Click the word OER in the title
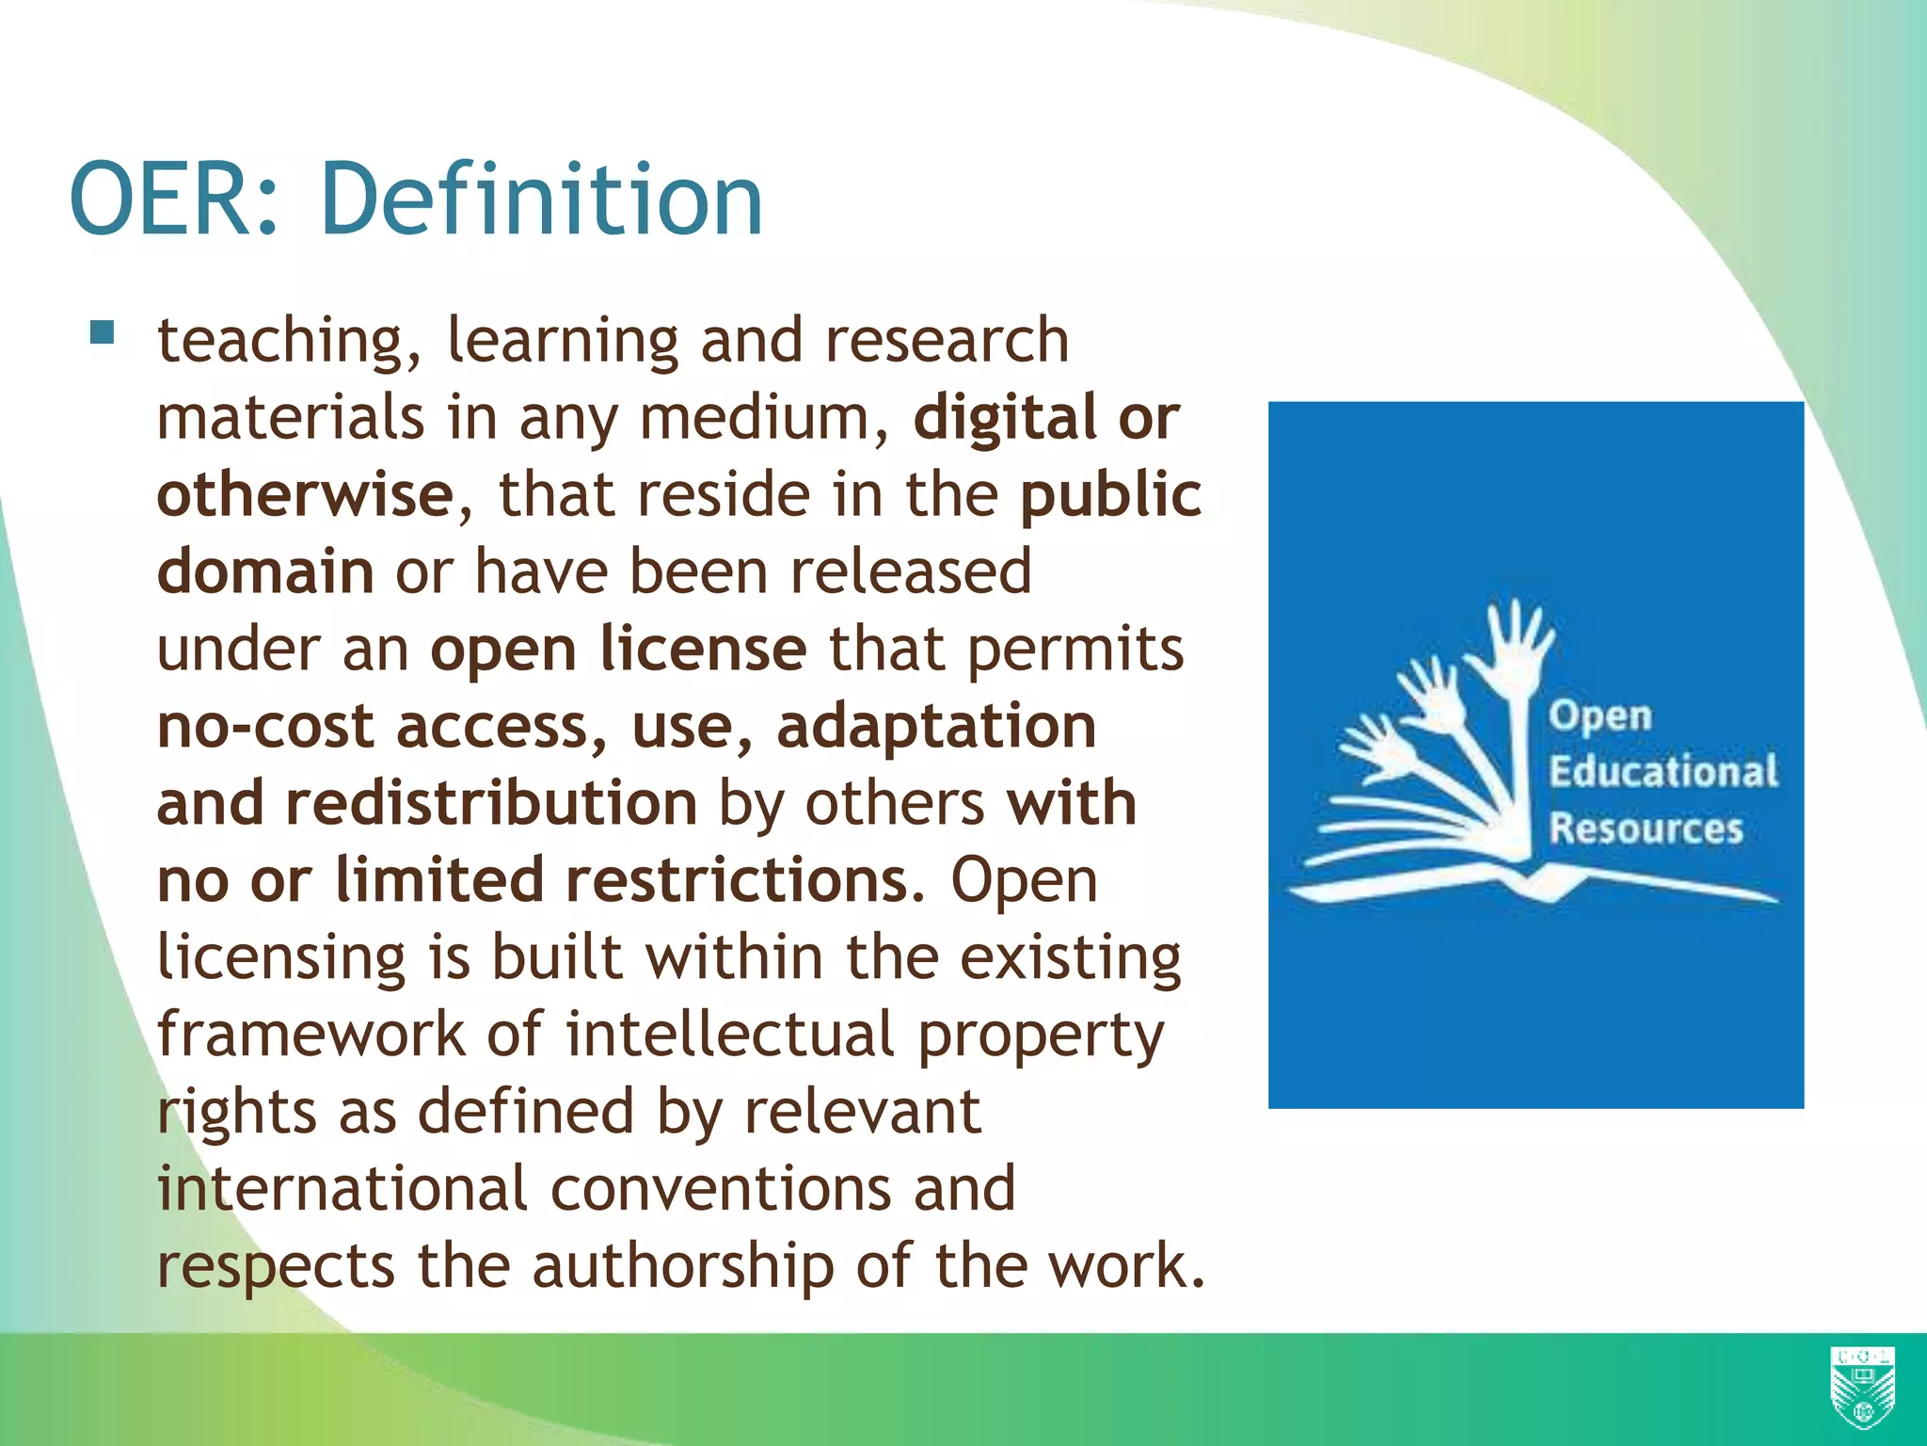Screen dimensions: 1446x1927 click(x=169, y=200)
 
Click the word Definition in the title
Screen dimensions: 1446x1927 click(x=541, y=200)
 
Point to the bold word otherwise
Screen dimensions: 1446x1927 click(x=305, y=494)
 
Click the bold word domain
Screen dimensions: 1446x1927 click(x=265, y=571)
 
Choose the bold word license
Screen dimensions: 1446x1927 click(x=703, y=649)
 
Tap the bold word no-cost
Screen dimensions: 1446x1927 click(x=265, y=727)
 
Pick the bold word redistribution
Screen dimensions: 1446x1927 click(x=491, y=803)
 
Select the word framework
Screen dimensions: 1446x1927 click(x=311, y=1035)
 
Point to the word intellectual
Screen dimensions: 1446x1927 click(x=729, y=1035)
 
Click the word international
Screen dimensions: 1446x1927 click(x=341, y=1189)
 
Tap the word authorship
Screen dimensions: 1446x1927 click(x=682, y=1266)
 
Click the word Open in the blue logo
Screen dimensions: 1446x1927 click(x=1600, y=715)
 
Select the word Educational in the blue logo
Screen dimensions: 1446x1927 click(x=1663, y=771)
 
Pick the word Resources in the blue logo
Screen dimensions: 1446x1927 click(x=1646, y=828)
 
